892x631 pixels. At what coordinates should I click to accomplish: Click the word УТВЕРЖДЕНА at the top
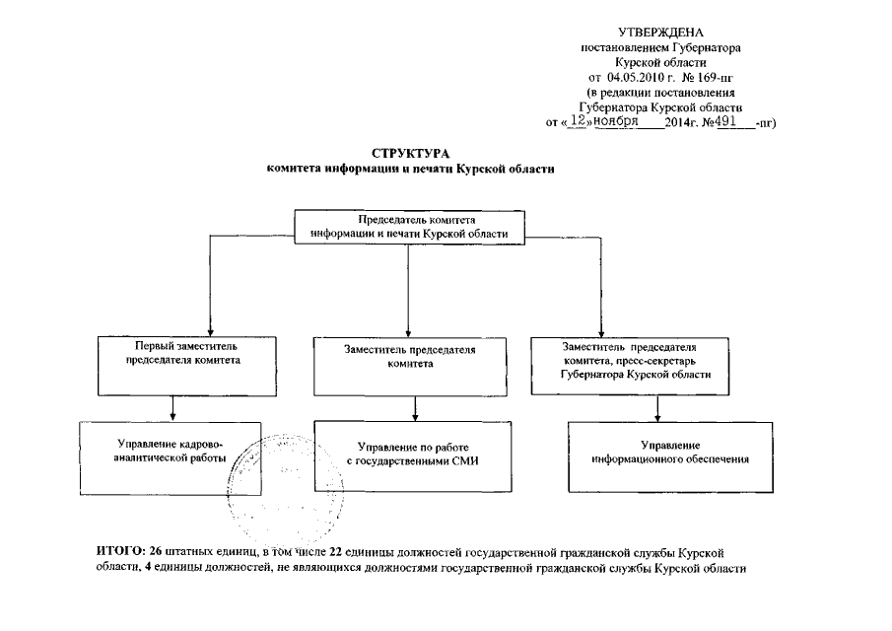[x=659, y=34]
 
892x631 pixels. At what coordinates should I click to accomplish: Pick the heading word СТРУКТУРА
[x=410, y=154]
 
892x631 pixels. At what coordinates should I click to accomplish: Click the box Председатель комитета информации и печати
[x=409, y=227]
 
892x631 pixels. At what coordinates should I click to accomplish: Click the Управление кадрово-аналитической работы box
[x=170, y=456]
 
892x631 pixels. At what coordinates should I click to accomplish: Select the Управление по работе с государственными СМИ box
[x=409, y=455]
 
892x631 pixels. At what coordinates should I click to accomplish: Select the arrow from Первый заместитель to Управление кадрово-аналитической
[x=174, y=407]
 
